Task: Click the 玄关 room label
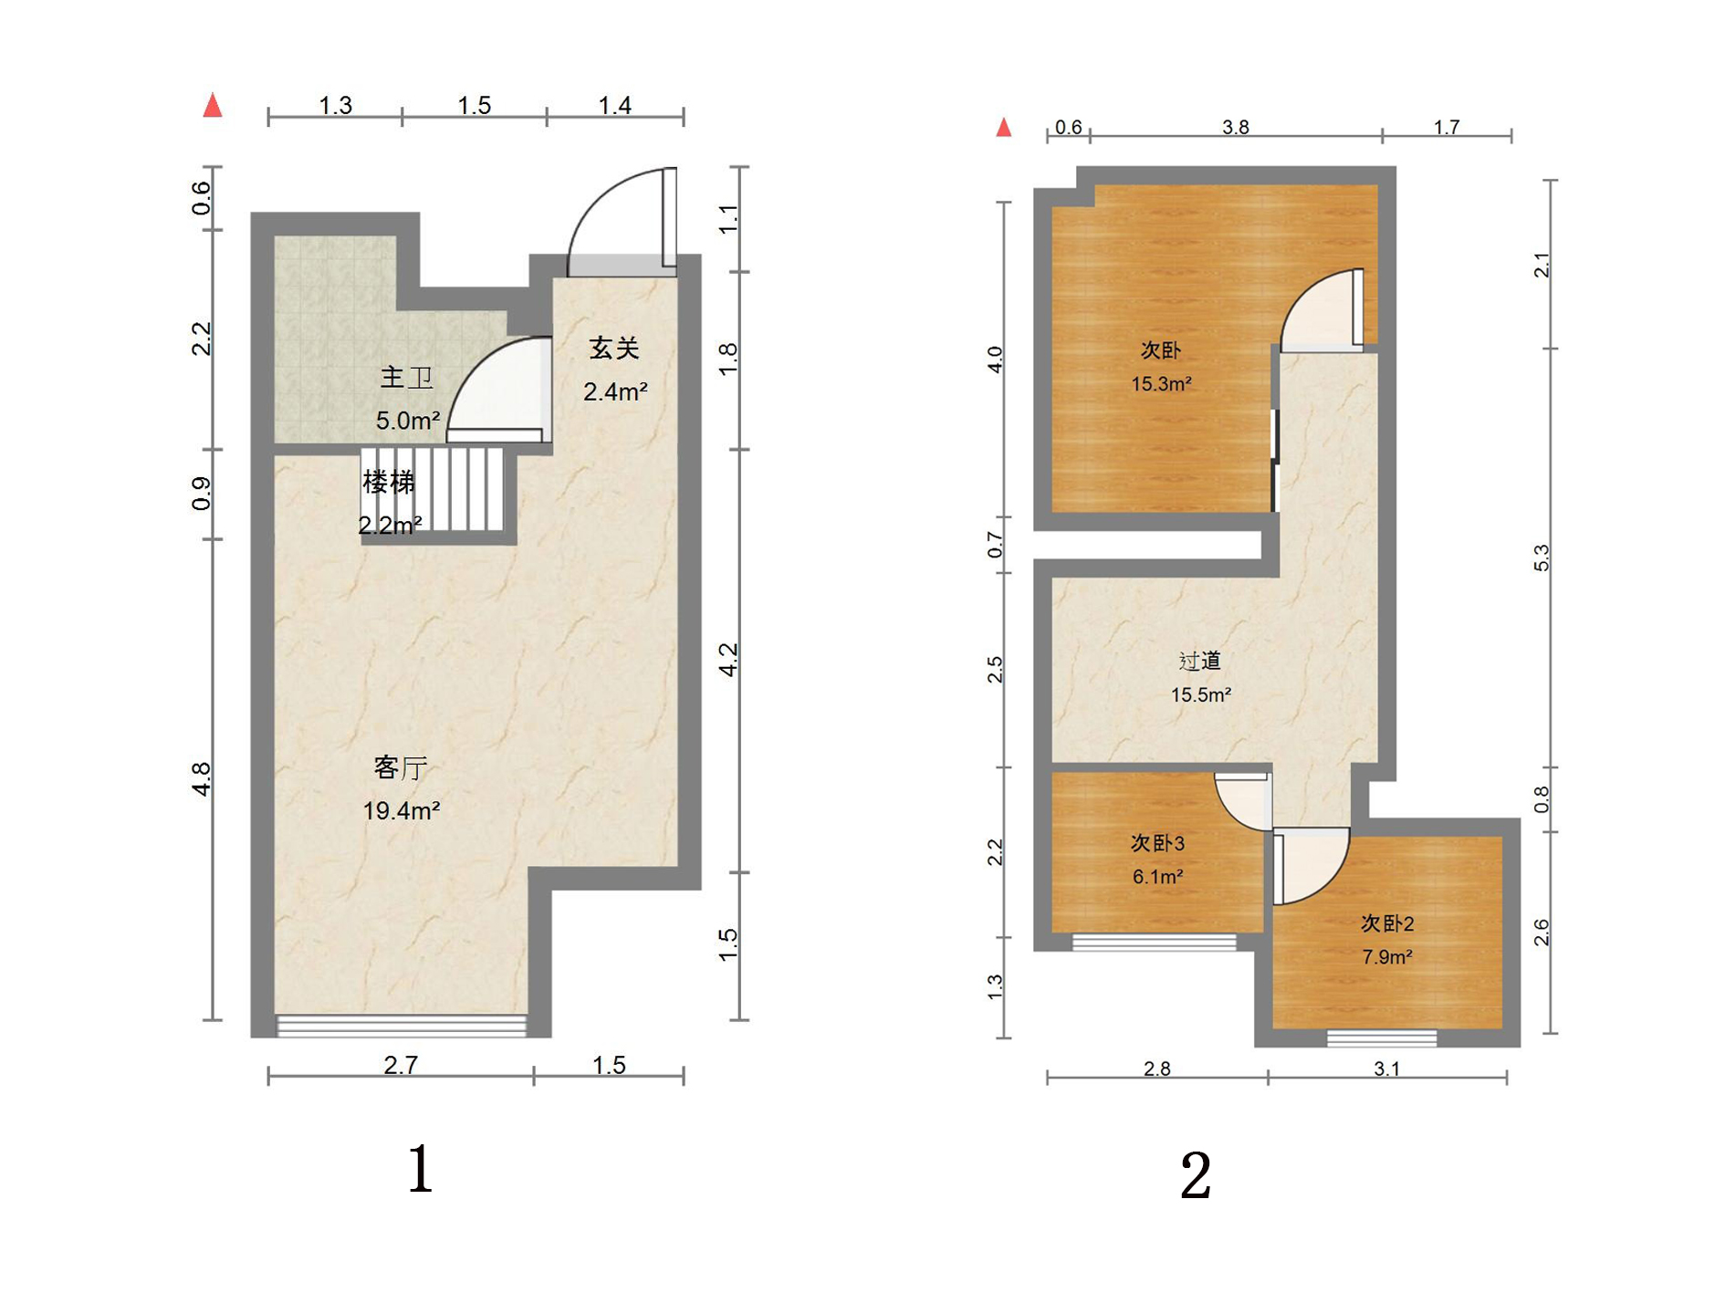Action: (613, 348)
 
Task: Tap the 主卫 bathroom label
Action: (406, 377)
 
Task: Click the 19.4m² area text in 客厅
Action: (402, 809)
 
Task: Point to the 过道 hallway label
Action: (1199, 661)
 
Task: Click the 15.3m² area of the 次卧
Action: (1161, 384)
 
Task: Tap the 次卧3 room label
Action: (1157, 843)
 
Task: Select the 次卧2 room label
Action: (1387, 923)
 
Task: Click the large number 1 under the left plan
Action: (420, 1169)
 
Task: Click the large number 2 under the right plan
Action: (1196, 1175)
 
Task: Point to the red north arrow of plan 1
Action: (213, 105)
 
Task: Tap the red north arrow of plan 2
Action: (1004, 127)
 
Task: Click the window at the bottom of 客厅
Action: (402, 1026)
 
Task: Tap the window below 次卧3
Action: (1154, 943)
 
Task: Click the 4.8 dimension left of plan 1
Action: (201, 779)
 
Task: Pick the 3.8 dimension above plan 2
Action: (1236, 127)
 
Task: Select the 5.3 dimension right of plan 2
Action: (1541, 558)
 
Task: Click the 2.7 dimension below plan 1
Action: (401, 1065)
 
